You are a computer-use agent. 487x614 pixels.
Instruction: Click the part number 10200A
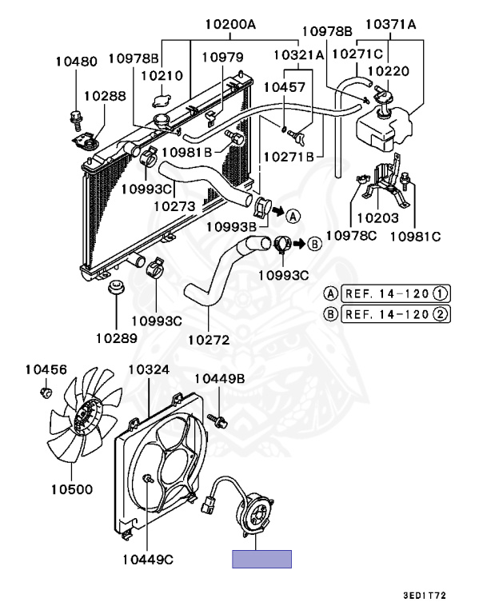tap(229, 24)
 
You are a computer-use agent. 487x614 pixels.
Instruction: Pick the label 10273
tap(174, 206)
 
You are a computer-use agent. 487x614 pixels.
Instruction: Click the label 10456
tap(46, 369)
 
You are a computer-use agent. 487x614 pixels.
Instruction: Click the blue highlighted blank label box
tap(261, 559)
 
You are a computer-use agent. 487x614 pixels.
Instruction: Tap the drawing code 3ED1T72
tap(436, 596)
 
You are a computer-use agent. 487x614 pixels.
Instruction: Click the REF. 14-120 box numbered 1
tap(395, 293)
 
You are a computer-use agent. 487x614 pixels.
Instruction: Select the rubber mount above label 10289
tap(117, 288)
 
